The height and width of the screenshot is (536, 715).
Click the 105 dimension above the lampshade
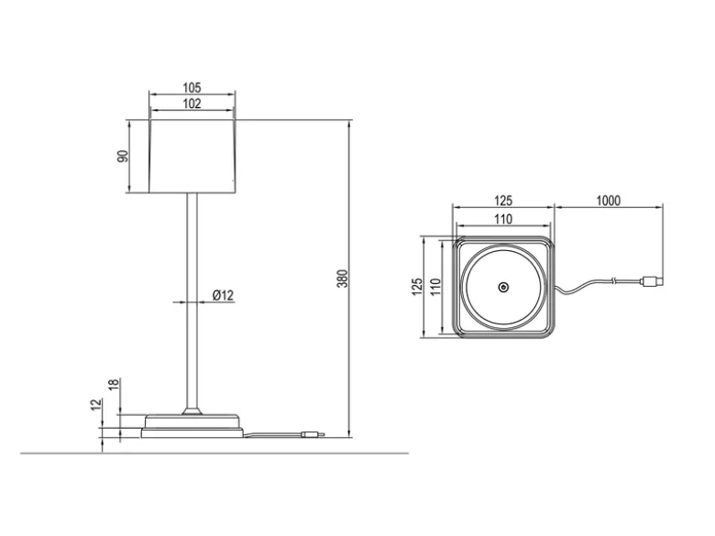click(192, 87)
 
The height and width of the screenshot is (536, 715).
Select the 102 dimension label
click(192, 104)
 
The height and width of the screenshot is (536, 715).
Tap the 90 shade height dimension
click(123, 156)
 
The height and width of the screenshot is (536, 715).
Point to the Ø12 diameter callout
click(223, 295)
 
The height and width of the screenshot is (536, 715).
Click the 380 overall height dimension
click(342, 279)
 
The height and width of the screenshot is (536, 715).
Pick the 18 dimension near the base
click(114, 384)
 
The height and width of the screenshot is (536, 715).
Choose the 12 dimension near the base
click(95, 404)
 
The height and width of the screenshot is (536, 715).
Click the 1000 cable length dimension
click(609, 201)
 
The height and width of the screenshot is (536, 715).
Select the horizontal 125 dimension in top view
click(503, 201)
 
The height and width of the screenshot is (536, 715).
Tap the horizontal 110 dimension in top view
click(503, 219)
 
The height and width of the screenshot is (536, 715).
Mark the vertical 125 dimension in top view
click(417, 287)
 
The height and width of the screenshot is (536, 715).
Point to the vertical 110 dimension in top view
click(435, 287)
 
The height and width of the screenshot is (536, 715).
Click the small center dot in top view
click(503, 287)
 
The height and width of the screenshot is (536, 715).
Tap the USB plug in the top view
click(652, 281)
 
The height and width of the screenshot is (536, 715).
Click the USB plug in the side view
click(313, 434)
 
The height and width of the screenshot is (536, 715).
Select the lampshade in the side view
click(192, 157)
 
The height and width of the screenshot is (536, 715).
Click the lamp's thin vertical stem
click(192, 301)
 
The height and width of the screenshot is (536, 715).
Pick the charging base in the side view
click(192, 426)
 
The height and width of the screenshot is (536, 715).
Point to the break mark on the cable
click(616, 279)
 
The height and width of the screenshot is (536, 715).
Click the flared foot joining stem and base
click(192, 410)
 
